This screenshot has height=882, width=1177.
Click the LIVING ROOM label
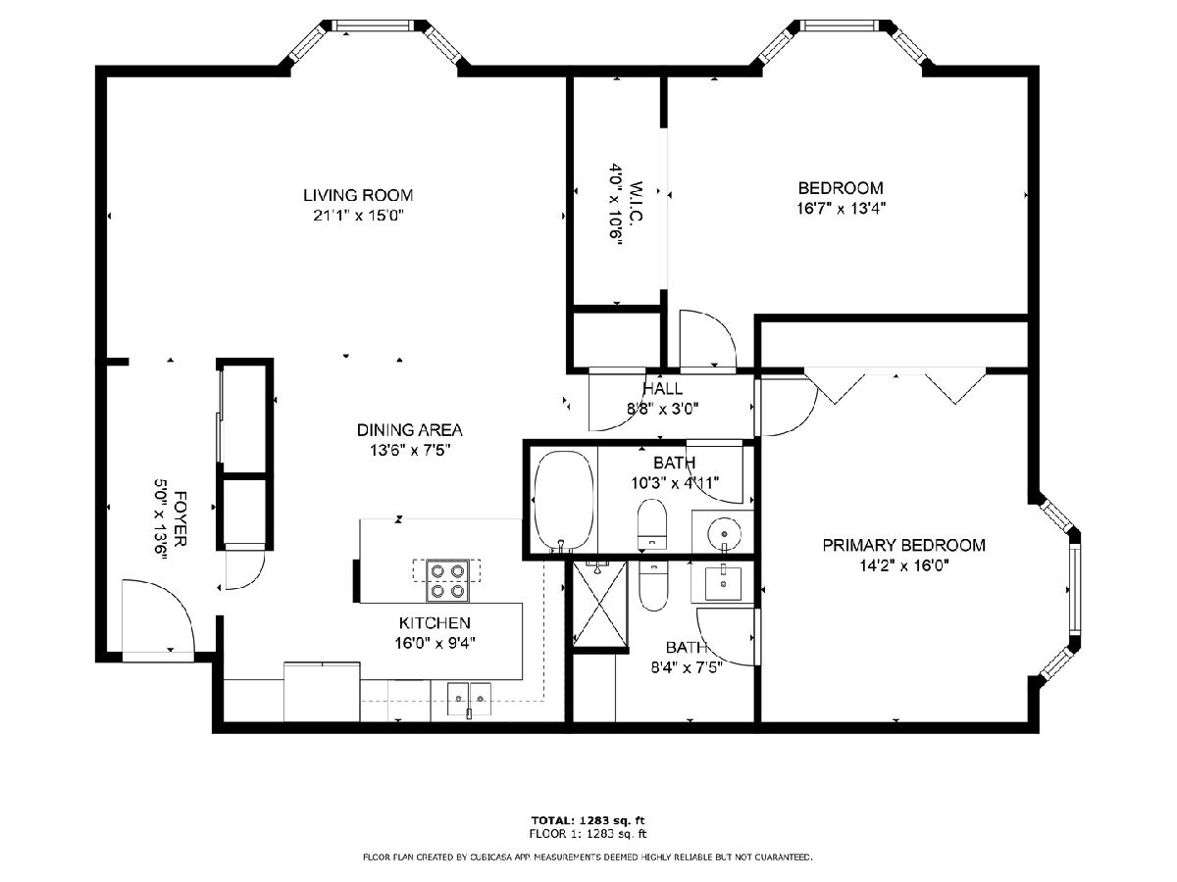[x=358, y=195]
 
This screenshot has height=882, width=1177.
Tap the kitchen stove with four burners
[x=447, y=580]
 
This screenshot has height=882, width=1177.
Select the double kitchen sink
[x=469, y=699]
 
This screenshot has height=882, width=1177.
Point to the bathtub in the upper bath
[x=565, y=500]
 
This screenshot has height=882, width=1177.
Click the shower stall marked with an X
[x=599, y=604]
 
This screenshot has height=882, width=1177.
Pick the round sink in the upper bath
[x=725, y=533]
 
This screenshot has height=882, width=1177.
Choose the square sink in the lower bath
[x=723, y=583]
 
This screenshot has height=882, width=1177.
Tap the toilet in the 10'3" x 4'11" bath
[x=651, y=525]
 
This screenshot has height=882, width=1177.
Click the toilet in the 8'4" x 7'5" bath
[x=653, y=586]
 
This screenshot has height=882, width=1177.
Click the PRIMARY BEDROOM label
[x=903, y=545]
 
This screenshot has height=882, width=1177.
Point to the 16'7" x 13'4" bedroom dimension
[x=841, y=208]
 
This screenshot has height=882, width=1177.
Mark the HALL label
[x=663, y=388]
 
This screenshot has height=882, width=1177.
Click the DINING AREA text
[x=410, y=430]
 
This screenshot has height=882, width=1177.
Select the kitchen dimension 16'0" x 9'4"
[x=435, y=643]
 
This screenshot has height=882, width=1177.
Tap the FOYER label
[x=180, y=518]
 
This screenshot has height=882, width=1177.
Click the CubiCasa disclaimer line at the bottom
[x=588, y=857]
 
